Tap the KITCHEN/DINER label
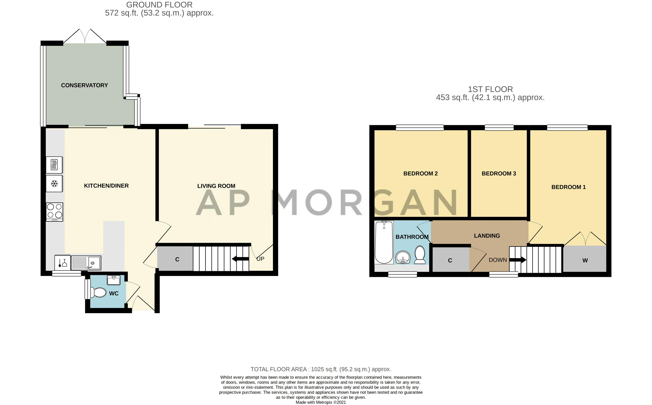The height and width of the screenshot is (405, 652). pos(106,186)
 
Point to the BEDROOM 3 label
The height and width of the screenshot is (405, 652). pos(499,174)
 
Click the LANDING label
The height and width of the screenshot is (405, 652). pos(487,236)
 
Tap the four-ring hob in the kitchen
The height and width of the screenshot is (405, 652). pos(55,212)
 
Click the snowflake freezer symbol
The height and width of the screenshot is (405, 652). pos(55,184)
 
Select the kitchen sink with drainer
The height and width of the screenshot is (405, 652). pos(86,262)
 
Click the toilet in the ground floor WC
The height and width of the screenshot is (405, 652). pos(98,292)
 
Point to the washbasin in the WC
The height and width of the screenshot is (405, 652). pos(114,280)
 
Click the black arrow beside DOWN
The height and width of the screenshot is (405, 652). pos(518,260)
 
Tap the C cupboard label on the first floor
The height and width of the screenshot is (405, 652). pos(450,261)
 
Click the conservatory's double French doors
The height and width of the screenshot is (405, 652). pos(85,36)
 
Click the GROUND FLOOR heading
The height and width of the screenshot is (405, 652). pos(159,5)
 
